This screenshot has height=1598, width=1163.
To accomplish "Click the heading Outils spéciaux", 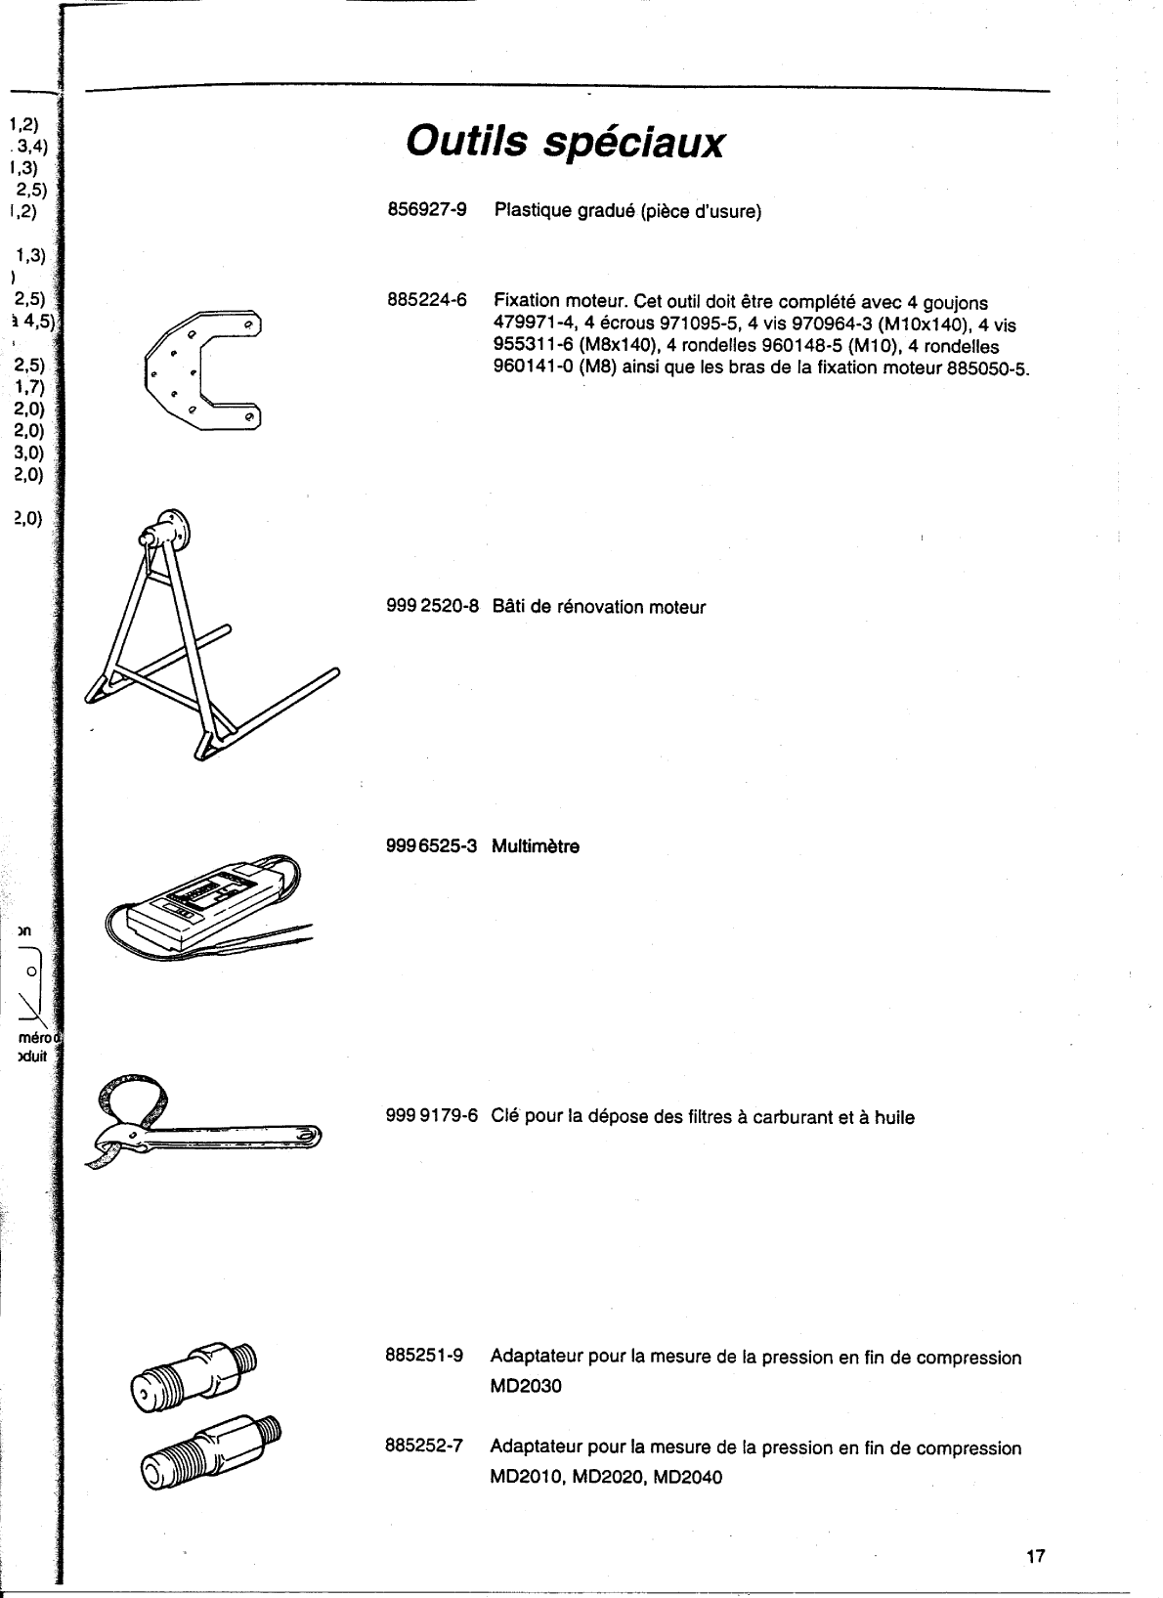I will (566, 144).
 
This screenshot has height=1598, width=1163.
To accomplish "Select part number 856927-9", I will (427, 210).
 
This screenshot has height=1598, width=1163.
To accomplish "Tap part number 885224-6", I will (427, 302).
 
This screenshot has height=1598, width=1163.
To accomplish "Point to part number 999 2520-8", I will (433, 607).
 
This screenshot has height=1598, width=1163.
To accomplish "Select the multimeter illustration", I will (210, 900).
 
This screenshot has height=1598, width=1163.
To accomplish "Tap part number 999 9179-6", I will (433, 1116).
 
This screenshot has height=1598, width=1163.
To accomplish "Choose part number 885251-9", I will (425, 1357).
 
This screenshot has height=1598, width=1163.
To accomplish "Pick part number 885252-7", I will (425, 1447).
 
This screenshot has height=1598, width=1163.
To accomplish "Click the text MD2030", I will (526, 1387).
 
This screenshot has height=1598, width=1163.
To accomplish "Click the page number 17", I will (1036, 1557).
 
